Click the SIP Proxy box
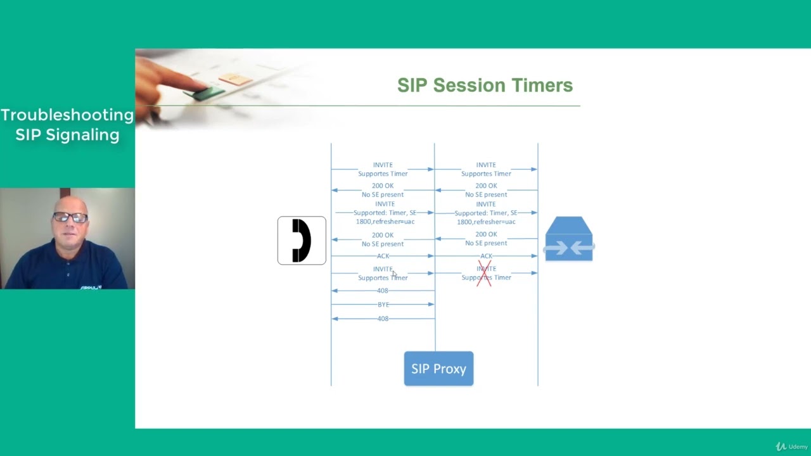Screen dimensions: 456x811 (x=438, y=369)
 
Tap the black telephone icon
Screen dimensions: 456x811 (x=302, y=241)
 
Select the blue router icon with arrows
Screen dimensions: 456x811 (x=569, y=239)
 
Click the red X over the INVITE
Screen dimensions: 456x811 (x=485, y=273)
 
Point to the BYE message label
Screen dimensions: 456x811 (x=383, y=305)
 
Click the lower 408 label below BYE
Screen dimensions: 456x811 (x=383, y=319)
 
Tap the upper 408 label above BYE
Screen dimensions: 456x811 (x=383, y=291)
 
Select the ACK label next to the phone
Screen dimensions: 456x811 (x=383, y=256)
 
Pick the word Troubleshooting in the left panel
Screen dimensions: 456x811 (x=67, y=115)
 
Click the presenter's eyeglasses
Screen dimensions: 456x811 (x=70, y=218)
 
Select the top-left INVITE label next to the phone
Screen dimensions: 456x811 (x=383, y=165)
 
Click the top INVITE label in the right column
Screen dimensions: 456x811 (x=486, y=165)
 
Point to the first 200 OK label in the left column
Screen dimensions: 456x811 (x=383, y=186)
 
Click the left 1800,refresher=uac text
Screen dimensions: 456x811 (x=385, y=222)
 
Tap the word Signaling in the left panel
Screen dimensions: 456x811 (x=67, y=135)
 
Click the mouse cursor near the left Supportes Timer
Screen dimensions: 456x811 (x=393, y=274)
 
